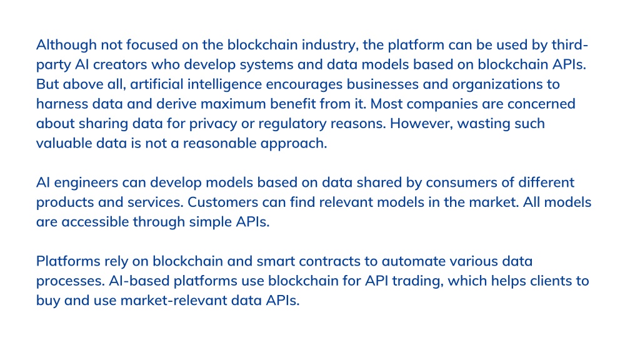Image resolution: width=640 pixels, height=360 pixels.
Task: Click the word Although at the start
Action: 66,45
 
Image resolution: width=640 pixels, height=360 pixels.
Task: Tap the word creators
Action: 120,64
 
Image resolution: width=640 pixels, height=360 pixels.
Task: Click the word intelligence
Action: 224,85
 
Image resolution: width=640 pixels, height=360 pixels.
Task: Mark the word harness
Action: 62,104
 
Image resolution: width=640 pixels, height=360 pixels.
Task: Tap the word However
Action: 421,123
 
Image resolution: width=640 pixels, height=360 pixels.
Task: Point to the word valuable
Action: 64,143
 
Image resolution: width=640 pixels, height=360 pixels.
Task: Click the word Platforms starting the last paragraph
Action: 68,261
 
